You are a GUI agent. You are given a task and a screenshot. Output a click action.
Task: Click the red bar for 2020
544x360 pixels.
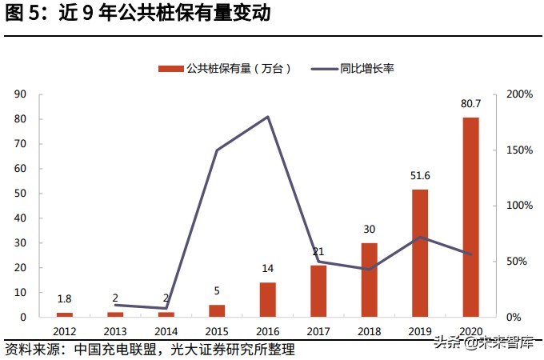point(470,217)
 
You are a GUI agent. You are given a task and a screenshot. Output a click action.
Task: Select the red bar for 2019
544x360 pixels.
point(420,253)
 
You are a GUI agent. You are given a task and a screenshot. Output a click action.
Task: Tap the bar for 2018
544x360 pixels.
point(369,280)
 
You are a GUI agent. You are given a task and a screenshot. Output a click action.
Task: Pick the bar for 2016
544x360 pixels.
point(267,299)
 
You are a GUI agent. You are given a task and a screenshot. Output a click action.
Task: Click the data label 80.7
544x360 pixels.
point(470,103)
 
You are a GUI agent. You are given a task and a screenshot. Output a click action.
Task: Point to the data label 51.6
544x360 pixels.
point(420,175)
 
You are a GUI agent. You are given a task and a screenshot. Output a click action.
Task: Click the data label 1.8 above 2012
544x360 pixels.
point(64,299)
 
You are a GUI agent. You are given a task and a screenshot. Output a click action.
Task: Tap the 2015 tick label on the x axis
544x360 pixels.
point(217,330)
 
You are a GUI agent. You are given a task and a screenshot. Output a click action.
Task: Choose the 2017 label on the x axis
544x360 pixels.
point(318,330)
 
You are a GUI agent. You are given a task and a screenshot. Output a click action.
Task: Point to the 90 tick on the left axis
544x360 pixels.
point(22,94)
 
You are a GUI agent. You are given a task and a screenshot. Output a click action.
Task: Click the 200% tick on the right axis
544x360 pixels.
point(519,94)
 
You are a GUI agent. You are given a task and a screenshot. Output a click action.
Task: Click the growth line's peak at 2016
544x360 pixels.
point(267,117)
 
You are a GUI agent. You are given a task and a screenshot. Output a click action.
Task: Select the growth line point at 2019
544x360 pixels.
point(420,237)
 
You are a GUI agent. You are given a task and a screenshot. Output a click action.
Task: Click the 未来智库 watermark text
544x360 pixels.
point(504,343)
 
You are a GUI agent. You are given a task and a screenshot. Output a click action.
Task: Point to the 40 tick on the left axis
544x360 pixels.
point(22,218)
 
